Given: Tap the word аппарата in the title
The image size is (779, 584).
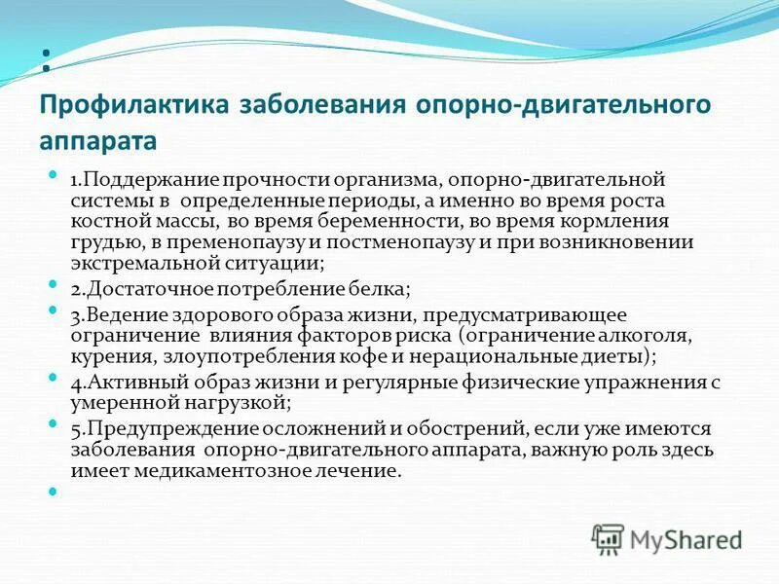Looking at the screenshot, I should click(97, 141).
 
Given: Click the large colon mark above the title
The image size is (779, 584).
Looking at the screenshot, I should click(46, 60).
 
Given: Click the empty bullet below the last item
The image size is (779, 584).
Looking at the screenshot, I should click(55, 491).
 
